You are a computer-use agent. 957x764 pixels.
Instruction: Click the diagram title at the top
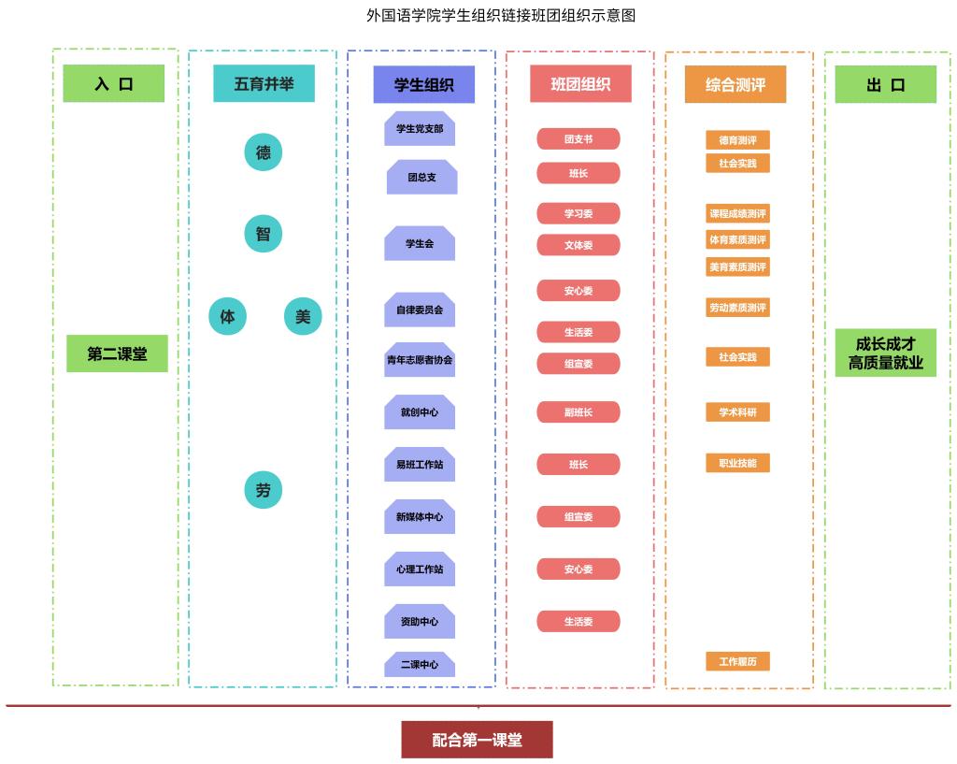point(501,16)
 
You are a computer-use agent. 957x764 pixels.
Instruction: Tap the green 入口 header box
point(114,83)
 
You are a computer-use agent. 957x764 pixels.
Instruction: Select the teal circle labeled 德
point(263,151)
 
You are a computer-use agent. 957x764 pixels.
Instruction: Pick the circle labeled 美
point(303,316)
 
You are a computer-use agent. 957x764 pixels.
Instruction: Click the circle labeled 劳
point(263,490)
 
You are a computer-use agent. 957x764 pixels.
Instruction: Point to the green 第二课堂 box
point(117,354)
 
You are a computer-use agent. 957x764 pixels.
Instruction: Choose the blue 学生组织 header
point(423,85)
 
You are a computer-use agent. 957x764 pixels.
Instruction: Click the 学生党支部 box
point(420,129)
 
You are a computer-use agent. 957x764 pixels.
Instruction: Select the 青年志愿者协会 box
point(420,360)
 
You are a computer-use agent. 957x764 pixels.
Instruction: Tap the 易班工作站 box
point(420,465)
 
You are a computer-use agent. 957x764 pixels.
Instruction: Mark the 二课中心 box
point(420,665)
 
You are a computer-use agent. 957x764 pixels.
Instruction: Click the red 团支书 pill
point(578,139)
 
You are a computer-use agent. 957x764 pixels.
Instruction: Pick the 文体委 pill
point(578,245)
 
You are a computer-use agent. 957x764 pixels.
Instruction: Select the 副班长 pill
point(578,412)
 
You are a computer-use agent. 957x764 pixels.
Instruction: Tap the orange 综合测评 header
point(736,85)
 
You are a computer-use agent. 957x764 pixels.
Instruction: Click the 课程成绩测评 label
point(737,214)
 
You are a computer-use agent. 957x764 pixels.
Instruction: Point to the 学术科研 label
point(737,412)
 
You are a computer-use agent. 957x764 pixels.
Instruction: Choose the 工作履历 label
point(737,662)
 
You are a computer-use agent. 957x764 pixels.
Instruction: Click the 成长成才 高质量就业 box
point(885,353)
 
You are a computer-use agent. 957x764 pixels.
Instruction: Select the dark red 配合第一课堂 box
point(477,740)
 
